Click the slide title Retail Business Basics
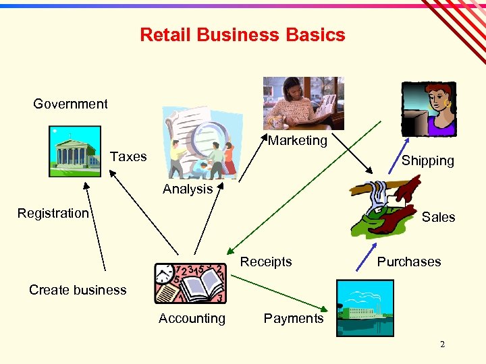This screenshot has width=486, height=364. pyautogui.click(x=242, y=35)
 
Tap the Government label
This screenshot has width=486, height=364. pyautogui.click(x=70, y=104)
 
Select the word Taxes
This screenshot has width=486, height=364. pyautogui.click(x=128, y=156)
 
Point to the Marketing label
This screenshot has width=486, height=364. pyautogui.click(x=297, y=140)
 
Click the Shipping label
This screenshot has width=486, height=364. pyautogui.click(x=427, y=160)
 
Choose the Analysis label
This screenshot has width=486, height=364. pyautogui.click(x=188, y=189)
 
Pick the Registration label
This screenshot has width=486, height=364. pyautogui.click(x=53, y=213)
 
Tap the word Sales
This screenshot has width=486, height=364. pyautogui.click(x=438, y=217)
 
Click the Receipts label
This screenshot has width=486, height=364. pyautogui.click(x=266, y=262)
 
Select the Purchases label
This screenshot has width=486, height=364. pyautogui.click(x=408, y=262)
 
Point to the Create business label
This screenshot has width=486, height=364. pyautogui.click(x=78, y=290)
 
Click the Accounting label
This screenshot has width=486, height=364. pyautogui.click(x=192, y=318)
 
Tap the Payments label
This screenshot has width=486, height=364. pyautogui.click(x=294, y=318)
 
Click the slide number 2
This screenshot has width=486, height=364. pyautogui.click(x=442, y=344)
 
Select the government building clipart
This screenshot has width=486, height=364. pyautogui.click(x=75, y=152)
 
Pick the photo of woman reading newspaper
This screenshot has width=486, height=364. pyautogui.click(x=303, y=102)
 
